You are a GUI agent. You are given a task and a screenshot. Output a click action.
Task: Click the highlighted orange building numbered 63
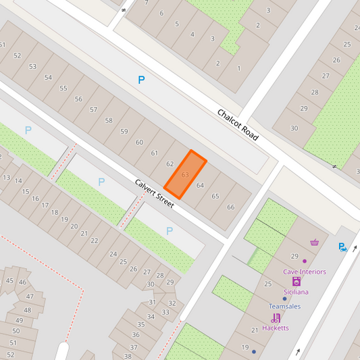click(x=184, y=174)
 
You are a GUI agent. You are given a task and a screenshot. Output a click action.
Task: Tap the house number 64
click(x=200, y=185)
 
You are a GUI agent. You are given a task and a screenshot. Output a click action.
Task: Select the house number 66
click(x=230, y=207)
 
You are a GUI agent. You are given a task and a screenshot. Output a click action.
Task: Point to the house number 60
click(x=139, y=142)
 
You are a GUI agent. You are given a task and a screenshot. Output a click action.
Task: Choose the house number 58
click(x=109, y=120)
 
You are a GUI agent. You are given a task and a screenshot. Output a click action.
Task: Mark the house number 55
click(x=63, y=88)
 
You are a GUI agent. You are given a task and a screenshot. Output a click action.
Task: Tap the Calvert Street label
click(x=154, y=193)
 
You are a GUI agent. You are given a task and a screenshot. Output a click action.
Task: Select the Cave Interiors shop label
click(x=304, y=272)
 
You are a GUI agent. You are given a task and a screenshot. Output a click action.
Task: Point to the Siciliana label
click(x=296, y=292)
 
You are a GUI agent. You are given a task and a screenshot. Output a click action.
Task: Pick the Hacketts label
click(x=275, y=328)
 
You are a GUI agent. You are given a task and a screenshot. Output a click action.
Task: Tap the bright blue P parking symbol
click(x=141, y=80)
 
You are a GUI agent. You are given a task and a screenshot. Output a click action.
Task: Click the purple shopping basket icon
click(x=314, y=242)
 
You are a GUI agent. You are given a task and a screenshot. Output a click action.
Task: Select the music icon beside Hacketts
click(x=276, y=317)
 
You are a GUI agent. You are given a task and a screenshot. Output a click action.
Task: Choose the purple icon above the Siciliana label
click(x=296, y=282)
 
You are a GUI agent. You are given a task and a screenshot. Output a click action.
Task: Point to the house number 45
click(x=9, y=280)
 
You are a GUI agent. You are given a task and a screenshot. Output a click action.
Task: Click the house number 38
click(x=128, y=356)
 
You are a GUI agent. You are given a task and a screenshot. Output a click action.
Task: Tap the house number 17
click(x=45, y=205)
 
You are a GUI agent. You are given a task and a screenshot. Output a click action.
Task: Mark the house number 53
click(x=32, y=66)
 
